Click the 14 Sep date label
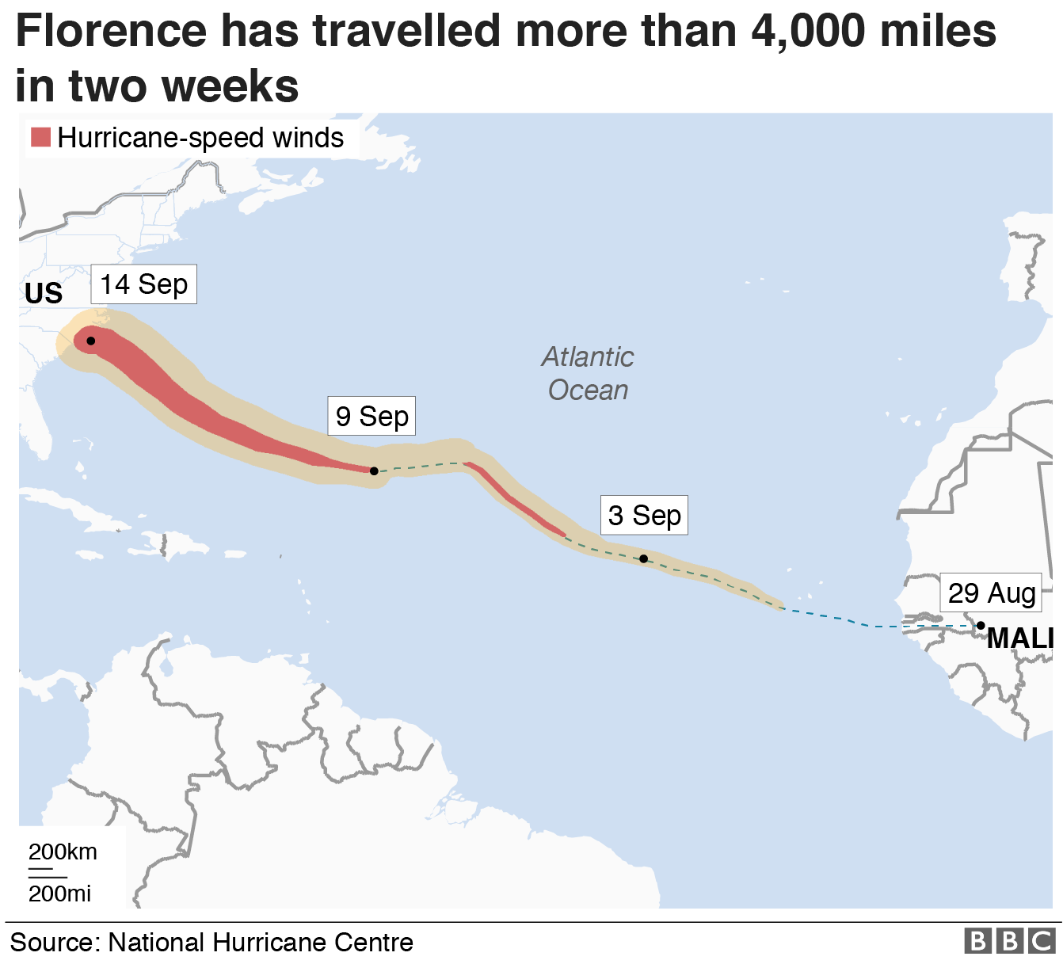[143, 284]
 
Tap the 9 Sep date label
[371, 417]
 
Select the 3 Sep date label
[644, 516]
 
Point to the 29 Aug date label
[992, 592]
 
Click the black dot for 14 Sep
[91, 341]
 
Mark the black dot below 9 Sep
[374, 471]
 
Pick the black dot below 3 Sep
[643, 558]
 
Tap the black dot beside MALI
[981, 626]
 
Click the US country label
[44, 294]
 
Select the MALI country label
[1019, 638]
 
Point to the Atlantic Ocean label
[588, 373]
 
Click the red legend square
[40, 137]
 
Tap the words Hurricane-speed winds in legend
[200, 138]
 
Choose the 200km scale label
[63, 852]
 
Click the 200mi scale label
[59, 894]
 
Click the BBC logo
[1010, 941]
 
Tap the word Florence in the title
[111, 32]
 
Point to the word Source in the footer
[53, 943]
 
